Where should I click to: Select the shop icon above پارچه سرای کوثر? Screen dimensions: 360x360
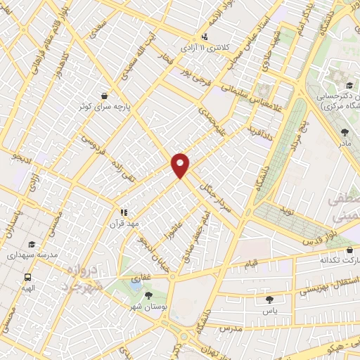[x=104, y=96]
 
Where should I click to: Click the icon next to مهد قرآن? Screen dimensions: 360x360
[x=124, y=212]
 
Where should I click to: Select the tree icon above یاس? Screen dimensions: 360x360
[x=269, y=300]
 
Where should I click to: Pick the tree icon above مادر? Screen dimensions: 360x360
[x=344, y=132]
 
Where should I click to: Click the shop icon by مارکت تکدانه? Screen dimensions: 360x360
[x=349, y=251]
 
